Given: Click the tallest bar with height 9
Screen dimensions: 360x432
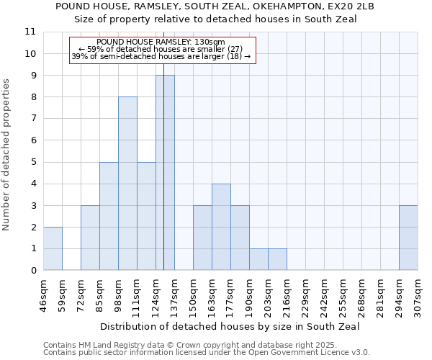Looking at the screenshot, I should (x=165, y=173).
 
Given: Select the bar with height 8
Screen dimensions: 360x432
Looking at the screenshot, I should (x=127, y=184).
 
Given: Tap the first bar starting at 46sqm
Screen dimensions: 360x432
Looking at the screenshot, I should (x=53, y=248).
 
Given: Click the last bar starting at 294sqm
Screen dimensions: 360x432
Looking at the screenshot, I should (x=408, y=238).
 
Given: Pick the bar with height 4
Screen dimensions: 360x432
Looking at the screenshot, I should (x=221, y=227).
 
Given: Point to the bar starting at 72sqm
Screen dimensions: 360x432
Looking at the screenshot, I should (x=90, y=238).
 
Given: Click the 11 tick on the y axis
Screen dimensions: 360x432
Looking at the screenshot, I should (x=30, y=32).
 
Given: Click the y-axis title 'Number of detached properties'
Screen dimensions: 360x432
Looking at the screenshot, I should (x=7, y=155).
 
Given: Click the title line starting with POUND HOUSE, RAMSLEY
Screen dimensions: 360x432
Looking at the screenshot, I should (x=215, y=6).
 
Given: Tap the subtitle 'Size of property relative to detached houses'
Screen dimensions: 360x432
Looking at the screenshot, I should (x=215, y=19).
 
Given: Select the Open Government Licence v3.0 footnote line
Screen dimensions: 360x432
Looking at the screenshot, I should (x=207, y=353).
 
